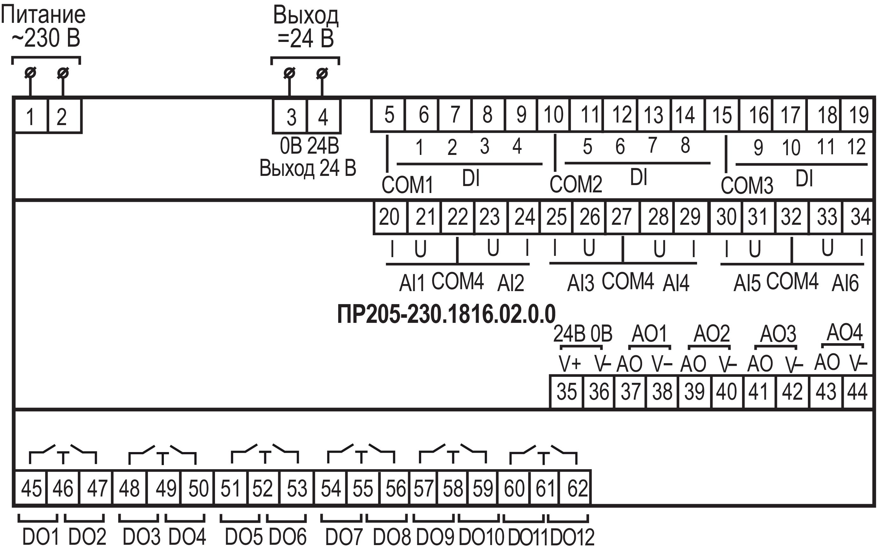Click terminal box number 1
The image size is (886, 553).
(31, 116)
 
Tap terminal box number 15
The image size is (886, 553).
(722, 115)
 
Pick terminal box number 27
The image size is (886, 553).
(622, 217)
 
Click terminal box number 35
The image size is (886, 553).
(566, 391)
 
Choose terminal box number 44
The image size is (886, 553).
(857, 391)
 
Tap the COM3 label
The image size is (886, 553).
(747, 185)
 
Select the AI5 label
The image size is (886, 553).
(747, 283)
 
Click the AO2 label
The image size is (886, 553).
(712, 334)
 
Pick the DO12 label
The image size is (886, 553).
(572, 537)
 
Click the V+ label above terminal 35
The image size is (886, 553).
(570, 363)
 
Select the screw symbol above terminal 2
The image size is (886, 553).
(63, 73)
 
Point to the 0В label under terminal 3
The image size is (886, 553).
(291, 146)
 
